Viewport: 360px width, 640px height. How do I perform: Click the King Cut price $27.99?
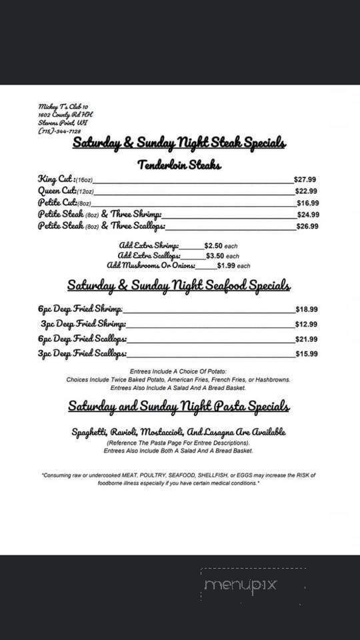tap(305, 179)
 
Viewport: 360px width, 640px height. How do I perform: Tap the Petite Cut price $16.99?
tap(307, 203)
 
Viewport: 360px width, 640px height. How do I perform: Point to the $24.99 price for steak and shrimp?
tap(307, 215)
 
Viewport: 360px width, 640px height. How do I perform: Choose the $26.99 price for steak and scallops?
tap(307, 227)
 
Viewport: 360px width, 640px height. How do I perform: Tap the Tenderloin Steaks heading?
tap(179, 165)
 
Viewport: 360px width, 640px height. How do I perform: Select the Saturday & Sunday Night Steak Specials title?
tap(179, 143)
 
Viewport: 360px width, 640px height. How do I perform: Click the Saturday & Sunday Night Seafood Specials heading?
tap(179, 286)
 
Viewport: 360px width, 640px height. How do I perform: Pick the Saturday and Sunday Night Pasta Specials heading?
tap(179, 407)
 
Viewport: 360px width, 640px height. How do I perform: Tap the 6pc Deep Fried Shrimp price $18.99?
tap(306, 309)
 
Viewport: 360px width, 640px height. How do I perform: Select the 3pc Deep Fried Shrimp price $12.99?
tap(306, 325)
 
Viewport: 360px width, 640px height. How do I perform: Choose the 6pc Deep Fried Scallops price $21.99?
tap(306, 339)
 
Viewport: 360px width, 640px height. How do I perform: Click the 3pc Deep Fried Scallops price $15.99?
tap(306, 355)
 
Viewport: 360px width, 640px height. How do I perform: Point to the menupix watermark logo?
tap(241, 585)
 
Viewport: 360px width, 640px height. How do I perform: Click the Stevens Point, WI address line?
tap(63, 123)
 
